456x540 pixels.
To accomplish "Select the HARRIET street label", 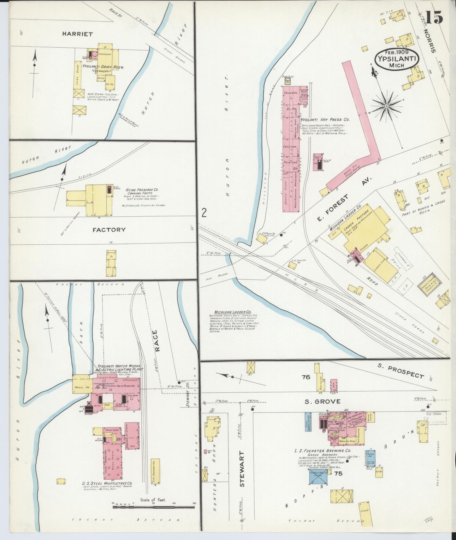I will click(x=73, y=34).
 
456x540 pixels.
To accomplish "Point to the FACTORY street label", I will click(x=109, y=230).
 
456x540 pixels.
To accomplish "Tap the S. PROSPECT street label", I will click(x=400, y=371).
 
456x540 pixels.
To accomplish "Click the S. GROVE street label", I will click(x=322, y=401).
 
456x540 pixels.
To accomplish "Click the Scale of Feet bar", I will click(x=154, y=507).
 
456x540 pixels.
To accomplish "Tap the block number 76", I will click(x=306, y=377).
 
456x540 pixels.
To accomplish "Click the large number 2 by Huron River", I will click(x=204, y=213).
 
